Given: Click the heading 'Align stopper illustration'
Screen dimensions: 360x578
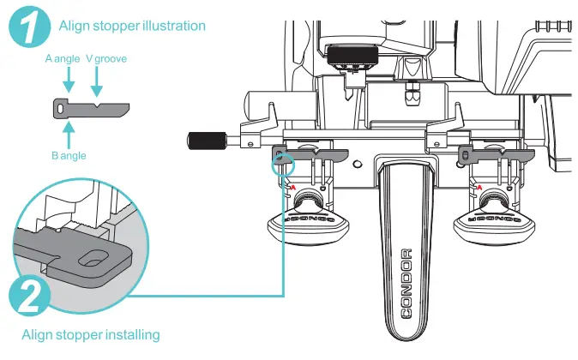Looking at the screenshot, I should pos(132,26).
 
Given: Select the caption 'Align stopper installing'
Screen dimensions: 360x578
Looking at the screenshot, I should pos(91,333).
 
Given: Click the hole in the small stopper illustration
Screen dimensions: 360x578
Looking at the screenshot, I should pos(60,108).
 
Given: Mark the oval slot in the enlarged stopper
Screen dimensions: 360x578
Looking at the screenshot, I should pos(93,258).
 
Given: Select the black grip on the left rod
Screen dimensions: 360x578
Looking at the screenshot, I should pos(209,137).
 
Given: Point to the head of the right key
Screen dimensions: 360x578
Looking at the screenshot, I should pos(496,224).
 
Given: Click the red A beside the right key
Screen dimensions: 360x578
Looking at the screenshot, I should pos(478,187).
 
